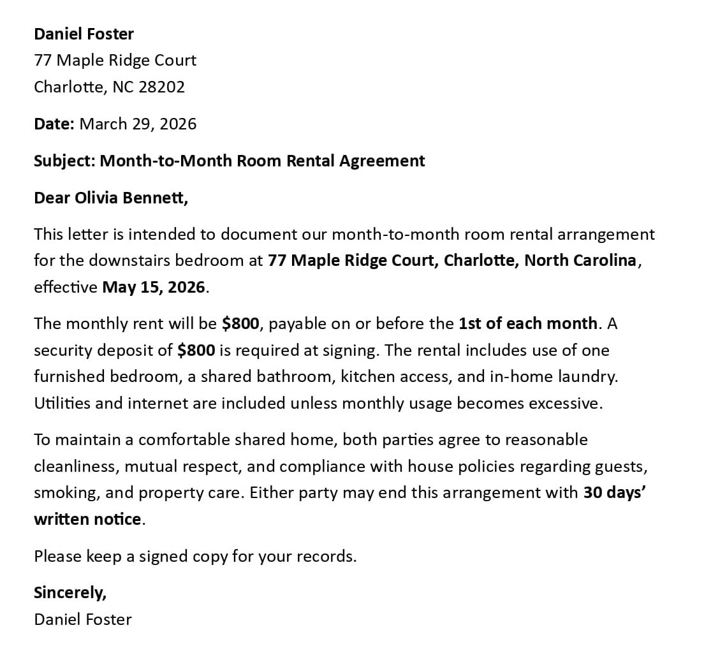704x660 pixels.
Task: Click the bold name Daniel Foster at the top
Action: (84, 33)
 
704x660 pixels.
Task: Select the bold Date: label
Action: (54, 124)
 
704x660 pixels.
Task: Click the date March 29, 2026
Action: (138, 124)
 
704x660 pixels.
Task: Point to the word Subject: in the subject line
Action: (64, 161)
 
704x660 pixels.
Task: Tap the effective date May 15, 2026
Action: (154, 287)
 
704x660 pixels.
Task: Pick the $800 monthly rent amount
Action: (240, 323)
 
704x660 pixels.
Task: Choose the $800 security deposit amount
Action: (196, 350)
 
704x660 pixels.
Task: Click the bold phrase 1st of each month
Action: (527, 323)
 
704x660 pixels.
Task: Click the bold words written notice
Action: (87, 519)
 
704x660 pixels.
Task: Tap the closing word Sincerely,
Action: (70, 592)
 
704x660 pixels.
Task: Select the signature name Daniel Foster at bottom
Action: (83, 619)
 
